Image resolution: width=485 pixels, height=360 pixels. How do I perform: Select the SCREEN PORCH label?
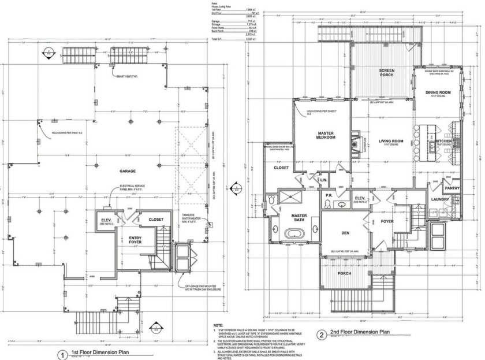[386, 73]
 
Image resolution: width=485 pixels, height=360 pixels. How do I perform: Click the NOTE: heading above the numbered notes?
[218, 325]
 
